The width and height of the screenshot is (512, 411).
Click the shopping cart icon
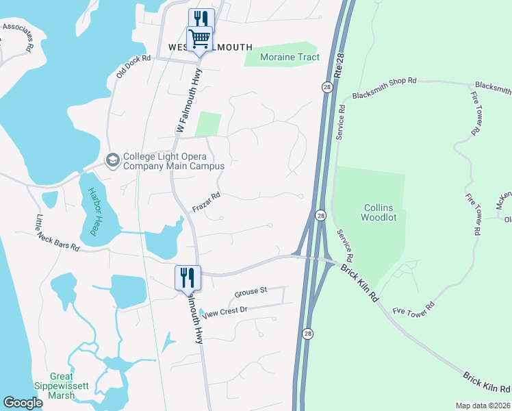click(x=199, y=38)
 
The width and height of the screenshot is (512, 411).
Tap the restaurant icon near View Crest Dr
click(x=188, y=277)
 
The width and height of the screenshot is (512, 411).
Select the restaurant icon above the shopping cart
click(x=201, y=18)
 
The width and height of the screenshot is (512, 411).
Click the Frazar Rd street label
click(x=206, y=202)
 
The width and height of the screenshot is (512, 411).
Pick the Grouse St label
click(x=250, y=292)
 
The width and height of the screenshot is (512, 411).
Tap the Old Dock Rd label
click(x=133, y=66)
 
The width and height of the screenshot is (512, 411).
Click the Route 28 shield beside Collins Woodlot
click(x=320, y=216)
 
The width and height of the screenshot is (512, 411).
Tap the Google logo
click(x=23, y=403)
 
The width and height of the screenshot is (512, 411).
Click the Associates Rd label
click(x=18, y=35)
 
